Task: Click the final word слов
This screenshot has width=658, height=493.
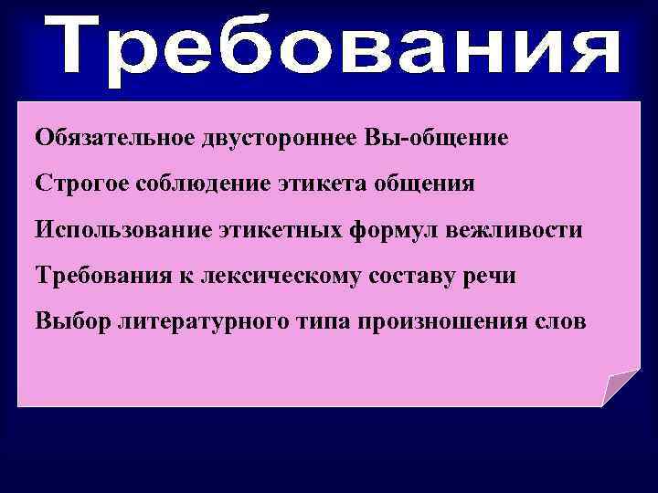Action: (548, 321)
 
